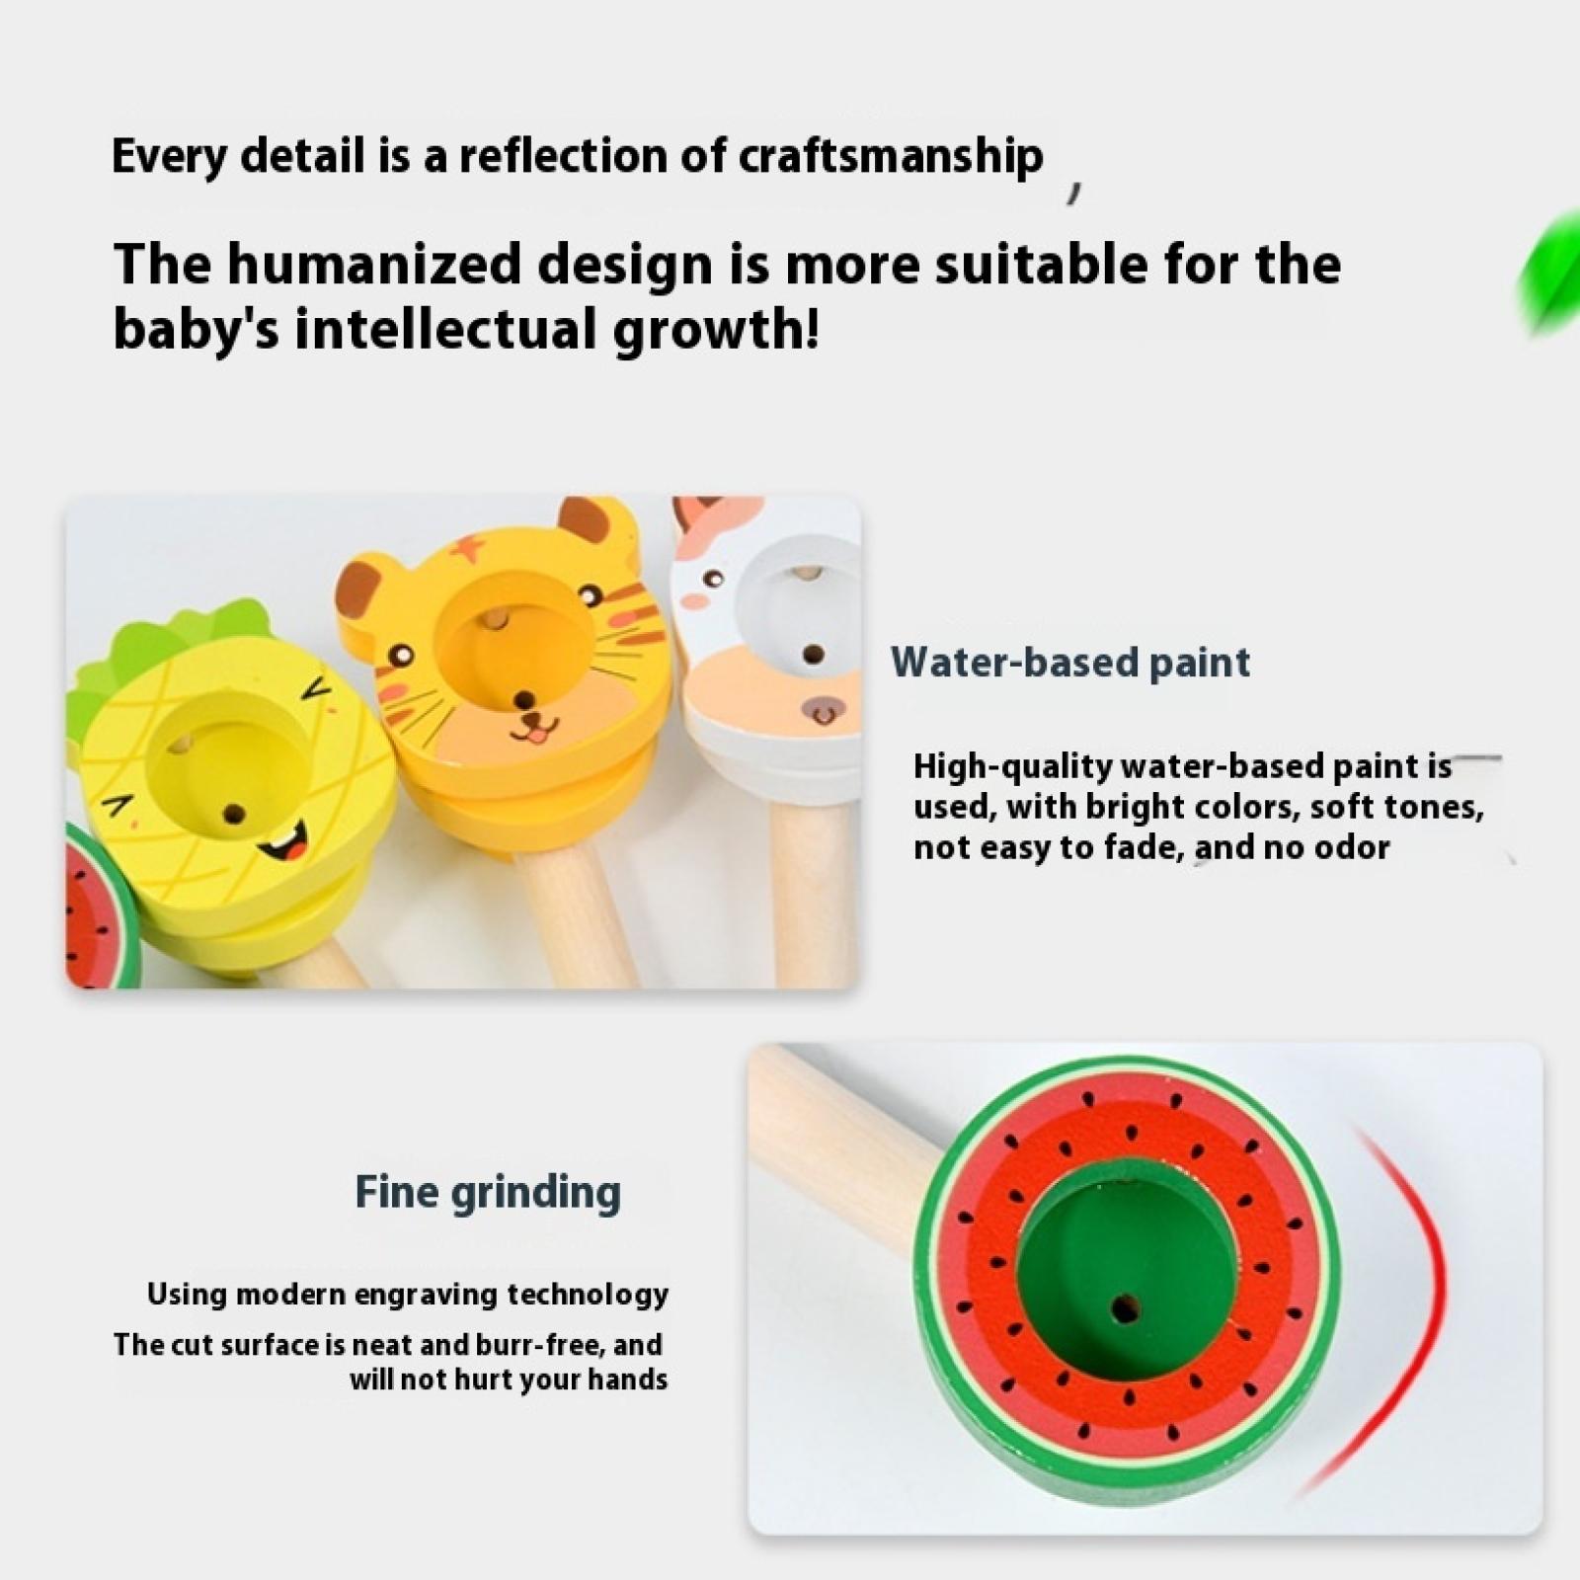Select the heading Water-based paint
click(1070, 662)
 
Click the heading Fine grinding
click(488, 1192)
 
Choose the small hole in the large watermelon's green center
click(1124, 1309)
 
